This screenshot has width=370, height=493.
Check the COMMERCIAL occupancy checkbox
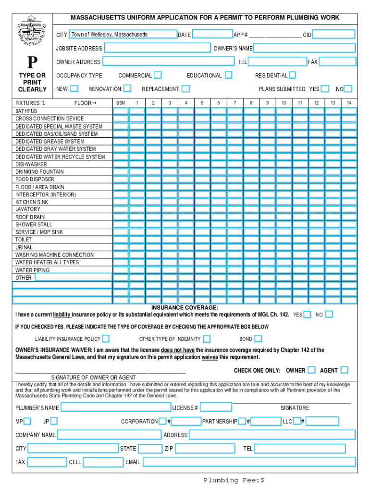[158, 75]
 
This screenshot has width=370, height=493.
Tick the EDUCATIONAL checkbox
[228, 75]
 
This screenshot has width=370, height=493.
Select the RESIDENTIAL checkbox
[292, 75]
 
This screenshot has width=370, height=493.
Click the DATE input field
[212, 34]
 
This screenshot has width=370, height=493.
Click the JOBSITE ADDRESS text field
[158, 48]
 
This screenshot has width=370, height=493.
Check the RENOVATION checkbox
[127, 89]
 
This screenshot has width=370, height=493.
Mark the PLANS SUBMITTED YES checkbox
[325, 89]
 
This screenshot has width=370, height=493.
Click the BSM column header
[121, 103]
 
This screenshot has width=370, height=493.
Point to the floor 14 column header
[349, 103]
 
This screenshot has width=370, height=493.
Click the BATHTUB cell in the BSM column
[121, 111]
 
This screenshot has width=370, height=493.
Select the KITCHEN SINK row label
[32, 202]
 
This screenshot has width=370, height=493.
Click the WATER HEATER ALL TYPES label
[47, 262]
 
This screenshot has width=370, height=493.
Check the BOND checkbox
[258, 339]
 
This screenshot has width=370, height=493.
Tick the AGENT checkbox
[344, 370]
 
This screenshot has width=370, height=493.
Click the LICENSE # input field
[215, 408]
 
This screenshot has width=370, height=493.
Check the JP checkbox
[54, 421]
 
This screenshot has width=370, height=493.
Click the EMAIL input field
[249, 462]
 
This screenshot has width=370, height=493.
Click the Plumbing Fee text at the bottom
[234, 480]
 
